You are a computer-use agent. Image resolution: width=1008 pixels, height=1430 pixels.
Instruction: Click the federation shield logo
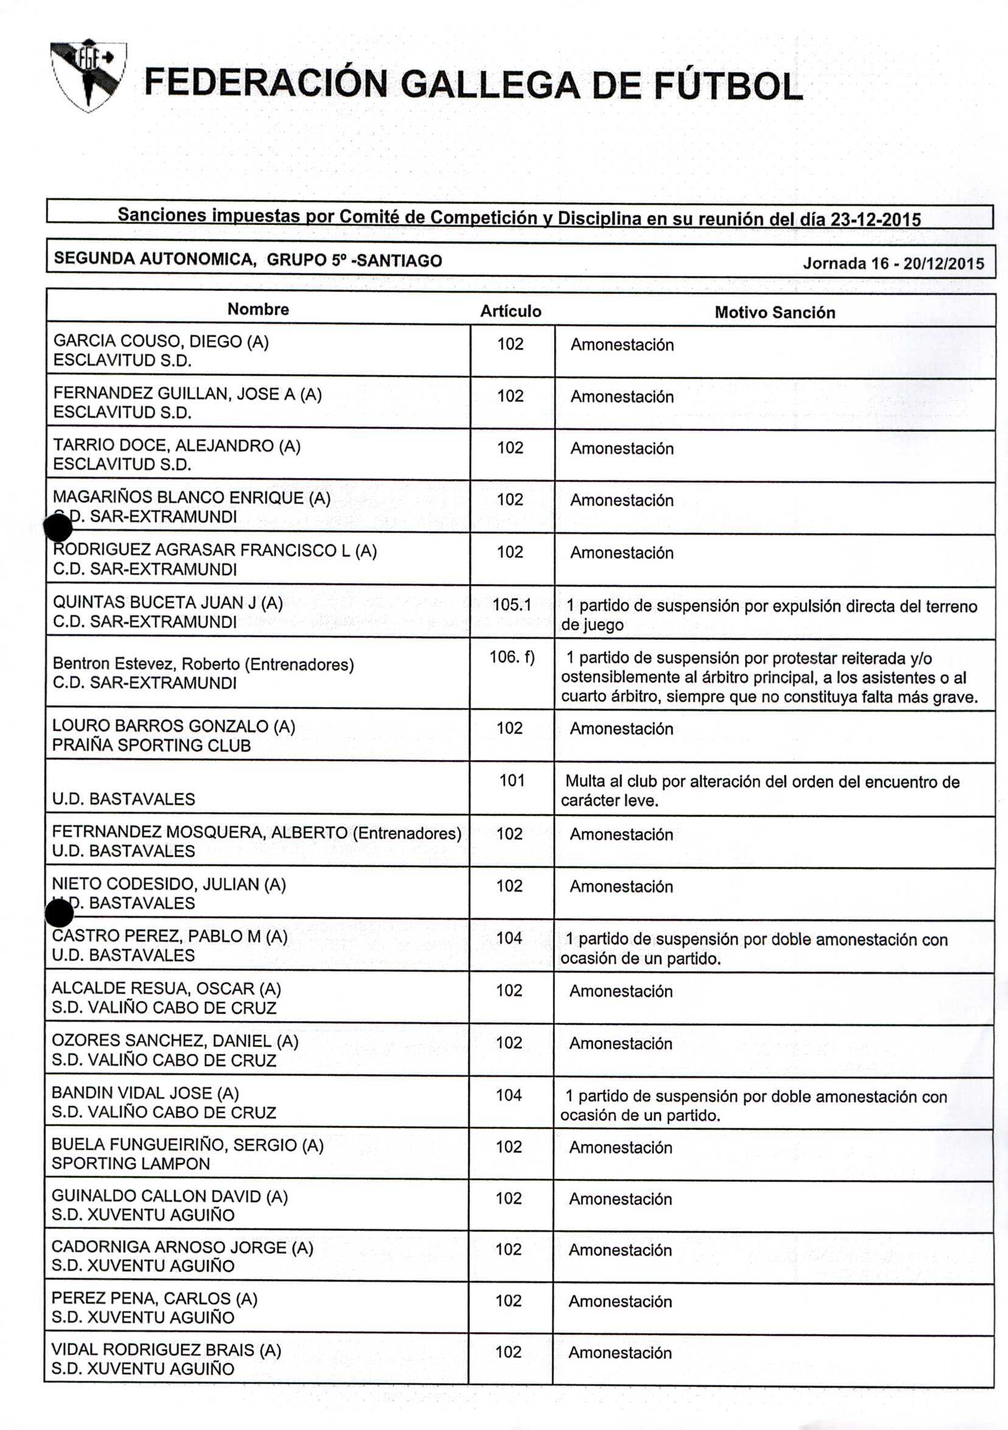pos(88,76)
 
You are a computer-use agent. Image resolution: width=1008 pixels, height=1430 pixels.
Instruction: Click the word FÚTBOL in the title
pos(728,86)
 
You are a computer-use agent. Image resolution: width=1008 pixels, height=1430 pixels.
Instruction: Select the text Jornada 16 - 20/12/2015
pos(894,264)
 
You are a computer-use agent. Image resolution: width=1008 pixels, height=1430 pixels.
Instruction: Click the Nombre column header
pos(257,309)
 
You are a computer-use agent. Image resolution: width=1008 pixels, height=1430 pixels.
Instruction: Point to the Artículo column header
pos(511,312)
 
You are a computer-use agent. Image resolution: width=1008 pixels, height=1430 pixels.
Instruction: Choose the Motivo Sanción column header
pos(774,313)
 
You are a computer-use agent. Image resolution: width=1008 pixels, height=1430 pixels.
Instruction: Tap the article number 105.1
pos(512,605)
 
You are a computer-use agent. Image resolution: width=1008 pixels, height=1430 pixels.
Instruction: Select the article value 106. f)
pos(512,657)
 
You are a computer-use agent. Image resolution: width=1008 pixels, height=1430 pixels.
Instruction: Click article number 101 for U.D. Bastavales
pos(512,780)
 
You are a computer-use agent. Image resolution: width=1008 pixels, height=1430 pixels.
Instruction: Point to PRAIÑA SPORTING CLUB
pos(152,746)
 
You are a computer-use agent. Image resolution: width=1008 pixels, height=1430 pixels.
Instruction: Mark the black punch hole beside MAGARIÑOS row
pos(58,529)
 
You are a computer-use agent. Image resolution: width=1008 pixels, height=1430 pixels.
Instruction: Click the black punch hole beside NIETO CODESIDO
pos(60,914)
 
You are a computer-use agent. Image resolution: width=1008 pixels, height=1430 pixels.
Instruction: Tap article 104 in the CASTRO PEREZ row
pos(509,938)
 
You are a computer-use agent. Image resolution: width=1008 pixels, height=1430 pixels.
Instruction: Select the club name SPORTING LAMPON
pos(131,1163)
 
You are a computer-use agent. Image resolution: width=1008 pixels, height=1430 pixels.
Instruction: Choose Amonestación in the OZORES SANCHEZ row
pos(621,1043)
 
